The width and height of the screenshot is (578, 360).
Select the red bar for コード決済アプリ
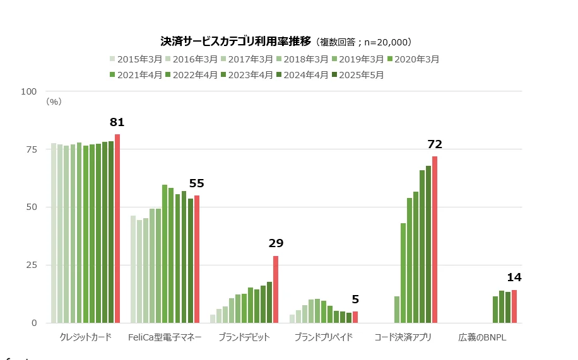[x=435, y=240]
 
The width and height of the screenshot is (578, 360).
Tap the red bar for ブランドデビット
[x=276, y=289]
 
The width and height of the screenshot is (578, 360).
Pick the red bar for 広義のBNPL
[x=514, y=306]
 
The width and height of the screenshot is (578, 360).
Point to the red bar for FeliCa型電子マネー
[x=197, y=259]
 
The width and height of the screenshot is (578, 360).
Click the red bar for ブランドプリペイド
[x=355, y=317]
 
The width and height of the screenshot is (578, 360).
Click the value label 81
[x=117, y=122]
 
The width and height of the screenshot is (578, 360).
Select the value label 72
[x=435, y=144]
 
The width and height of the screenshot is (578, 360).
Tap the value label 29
[x=276, y=243]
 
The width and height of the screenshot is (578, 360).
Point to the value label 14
[x=514, y=277]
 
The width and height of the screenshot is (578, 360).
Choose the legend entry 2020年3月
[x=413, y=59]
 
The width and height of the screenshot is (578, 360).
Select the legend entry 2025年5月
[x=358, y=75]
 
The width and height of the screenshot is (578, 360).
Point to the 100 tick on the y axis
[x=29, y=91]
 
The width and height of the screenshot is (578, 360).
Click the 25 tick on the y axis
[x=32, y=265]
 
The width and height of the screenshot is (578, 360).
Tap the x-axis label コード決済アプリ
[x=403, y=337]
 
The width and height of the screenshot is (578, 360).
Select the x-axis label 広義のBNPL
[x=483, y=337]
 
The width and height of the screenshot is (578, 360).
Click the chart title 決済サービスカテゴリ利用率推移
[x=236, y=42]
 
